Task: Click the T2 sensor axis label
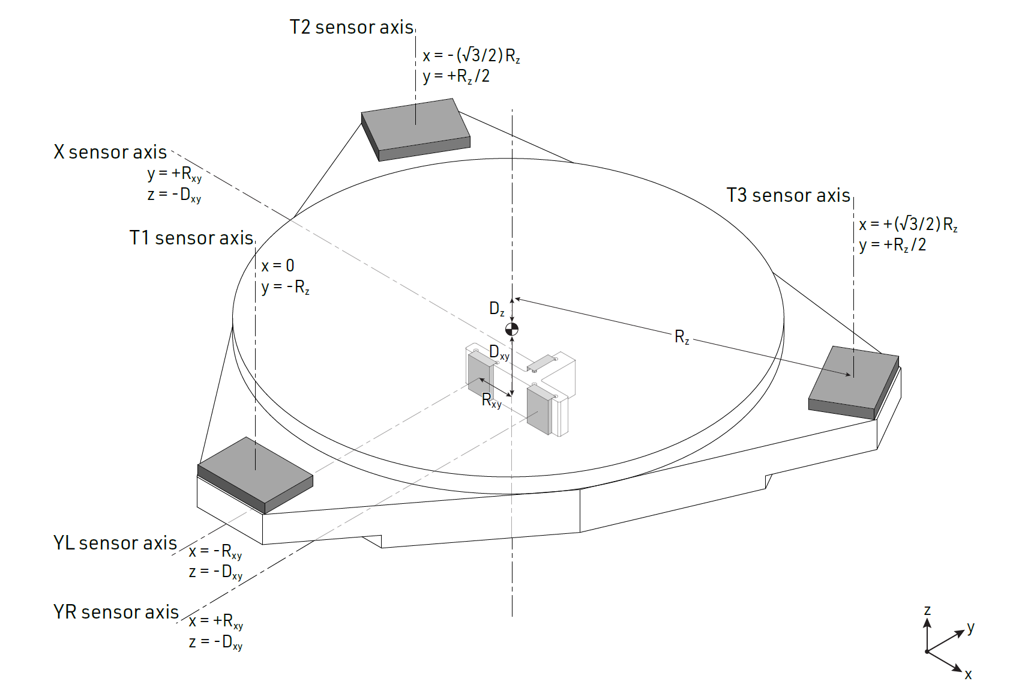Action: pyautogui.click(x=352, y=28)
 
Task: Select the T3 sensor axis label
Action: pyautogui.click(x=788, y=196)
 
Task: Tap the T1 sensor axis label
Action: pyautogui.click(x=191, y=238)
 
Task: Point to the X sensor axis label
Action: pyautogui.click(x=110, y=153)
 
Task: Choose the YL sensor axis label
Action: pyautogui.click(x=115, y=543)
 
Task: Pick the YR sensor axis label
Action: pyautogui.click(x=116, y=612)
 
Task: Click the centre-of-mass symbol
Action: pyautogui.click(x=512, y=329)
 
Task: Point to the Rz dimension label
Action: pyautogui.click(x=682, y=337)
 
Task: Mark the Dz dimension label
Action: pyautogui.click(x=497, y=309)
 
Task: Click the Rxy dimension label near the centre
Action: pyautogui.click(x=491, y=401)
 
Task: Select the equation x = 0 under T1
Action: pyautogui.click(x=278, y=266)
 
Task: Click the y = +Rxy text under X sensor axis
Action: pyautogui.click(x=175, y=174)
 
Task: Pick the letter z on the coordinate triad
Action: pyautogui.click(x=927, y=611)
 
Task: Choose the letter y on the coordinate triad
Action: pyautogui.click(x=971, y=628)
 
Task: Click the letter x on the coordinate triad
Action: pyautogui.click(x=968, y=675)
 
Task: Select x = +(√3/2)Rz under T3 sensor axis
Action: pyautogui.click(x=908, y=225)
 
